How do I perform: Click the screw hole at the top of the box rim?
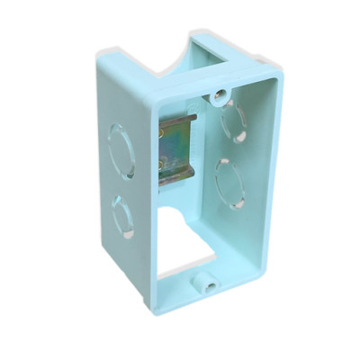(x=217, y=94)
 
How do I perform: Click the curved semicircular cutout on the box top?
(x=162, y=60)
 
